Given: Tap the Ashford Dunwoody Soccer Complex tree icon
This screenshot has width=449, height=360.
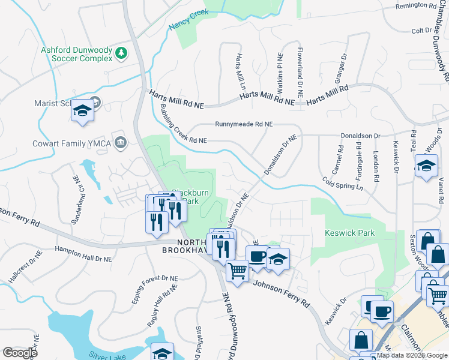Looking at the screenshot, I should pos(121,53).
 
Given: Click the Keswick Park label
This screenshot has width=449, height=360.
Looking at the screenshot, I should pos(349,233).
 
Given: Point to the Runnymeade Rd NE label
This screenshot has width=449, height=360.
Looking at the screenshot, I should pos(244,124).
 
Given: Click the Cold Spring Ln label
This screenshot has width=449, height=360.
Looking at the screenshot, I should pos(343,182).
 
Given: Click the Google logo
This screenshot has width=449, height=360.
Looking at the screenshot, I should pos(20,353).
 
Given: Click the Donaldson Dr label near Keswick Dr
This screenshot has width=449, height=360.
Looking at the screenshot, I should pos(360,136).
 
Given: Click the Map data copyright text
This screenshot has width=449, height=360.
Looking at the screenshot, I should pos(412,355).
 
